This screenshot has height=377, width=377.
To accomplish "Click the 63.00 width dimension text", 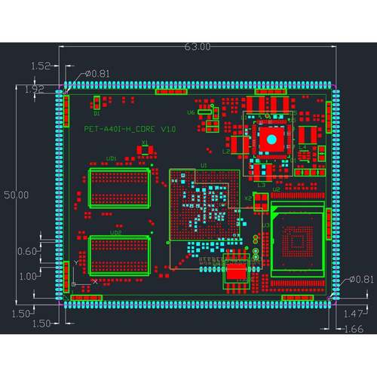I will [198, 47].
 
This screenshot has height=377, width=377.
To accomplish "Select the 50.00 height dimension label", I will [17, 195].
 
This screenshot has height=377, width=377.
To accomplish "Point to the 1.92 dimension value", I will [35, 89].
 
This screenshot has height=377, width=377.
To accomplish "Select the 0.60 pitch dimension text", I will [27, 251].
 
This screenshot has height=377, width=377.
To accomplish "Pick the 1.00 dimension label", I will [27, 276].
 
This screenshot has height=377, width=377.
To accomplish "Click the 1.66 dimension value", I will [353, 329].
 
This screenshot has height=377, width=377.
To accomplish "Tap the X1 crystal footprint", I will [144, 150].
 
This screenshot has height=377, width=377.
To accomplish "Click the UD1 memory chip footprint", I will [119, 187].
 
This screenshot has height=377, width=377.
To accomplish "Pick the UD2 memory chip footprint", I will [119, 254].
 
